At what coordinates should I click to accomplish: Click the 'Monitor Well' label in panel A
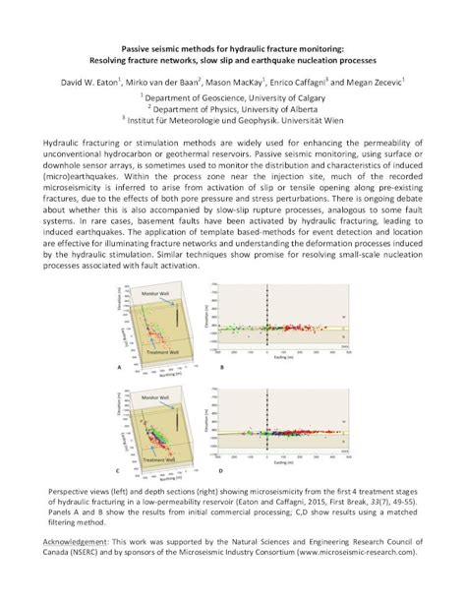155,295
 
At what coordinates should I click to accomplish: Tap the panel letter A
119,368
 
